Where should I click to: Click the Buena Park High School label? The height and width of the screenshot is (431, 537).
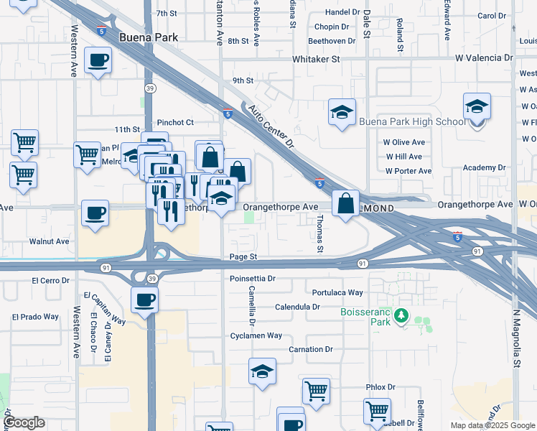tap(412, 121)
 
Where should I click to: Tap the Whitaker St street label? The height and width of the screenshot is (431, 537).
tap(315, 59)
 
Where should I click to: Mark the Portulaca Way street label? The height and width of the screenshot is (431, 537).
tap(337, 292)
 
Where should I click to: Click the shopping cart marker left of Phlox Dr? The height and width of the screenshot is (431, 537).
tap(316, 391)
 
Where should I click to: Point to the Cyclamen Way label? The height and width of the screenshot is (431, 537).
tap(256, 335)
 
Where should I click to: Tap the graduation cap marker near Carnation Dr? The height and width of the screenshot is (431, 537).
tap(263, 371)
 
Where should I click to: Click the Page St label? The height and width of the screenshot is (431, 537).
tap(243, 256)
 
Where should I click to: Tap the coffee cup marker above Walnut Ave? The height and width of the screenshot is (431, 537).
tap(95, 213)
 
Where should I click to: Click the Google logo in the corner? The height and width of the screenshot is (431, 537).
tap(24, 422)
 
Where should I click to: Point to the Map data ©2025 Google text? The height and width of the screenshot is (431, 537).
tap(492, 425)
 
